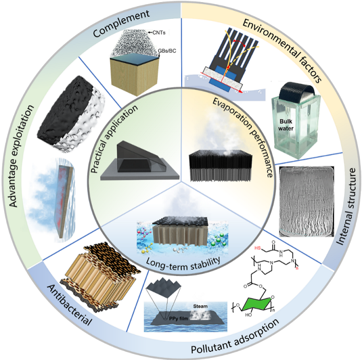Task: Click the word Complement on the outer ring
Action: pos(121,23)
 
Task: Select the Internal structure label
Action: pos(346,207)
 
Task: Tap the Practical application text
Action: pos(114,139)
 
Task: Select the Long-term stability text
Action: pos(183,262)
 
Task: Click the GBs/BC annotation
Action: pos(167,51)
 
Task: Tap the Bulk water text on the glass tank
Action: pos(286,125)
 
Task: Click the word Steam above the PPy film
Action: pos(200,306)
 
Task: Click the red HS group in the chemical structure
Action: pos(258,248)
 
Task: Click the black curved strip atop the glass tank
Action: pos(296,93)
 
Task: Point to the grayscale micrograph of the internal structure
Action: pos(307,201)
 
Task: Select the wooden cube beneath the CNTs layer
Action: pos(134,75)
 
